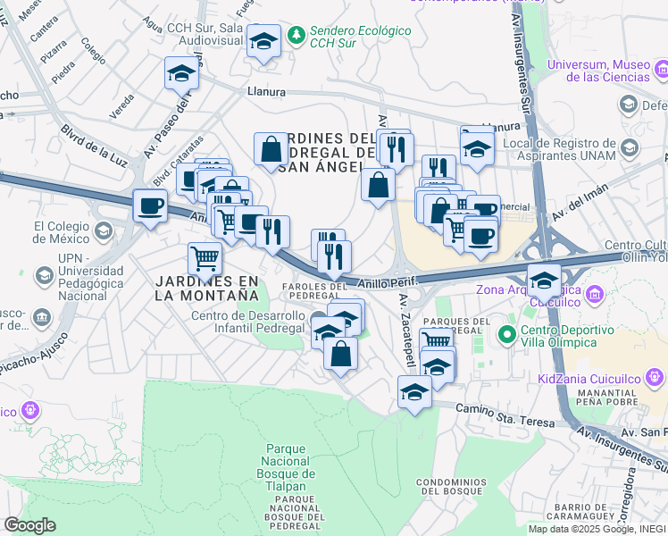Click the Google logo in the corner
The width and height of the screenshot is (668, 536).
pyautogui.click(x=29, y=525)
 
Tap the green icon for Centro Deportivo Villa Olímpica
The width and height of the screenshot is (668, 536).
pyautogui.click(x=506, y=336)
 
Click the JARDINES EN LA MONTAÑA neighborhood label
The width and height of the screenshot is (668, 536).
pyautogui.click(x=206, y=288)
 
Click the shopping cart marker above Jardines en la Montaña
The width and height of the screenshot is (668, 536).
pyautogui.click(x=205, y=259)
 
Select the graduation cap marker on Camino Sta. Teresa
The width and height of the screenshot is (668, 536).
pyautogui.click(x=414, y=392)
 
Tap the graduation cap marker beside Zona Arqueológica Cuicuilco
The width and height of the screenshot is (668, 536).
pyautogui.click(x=543, y=280)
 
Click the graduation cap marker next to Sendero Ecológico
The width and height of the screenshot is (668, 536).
pyautogui.click(x=263, y=40)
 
